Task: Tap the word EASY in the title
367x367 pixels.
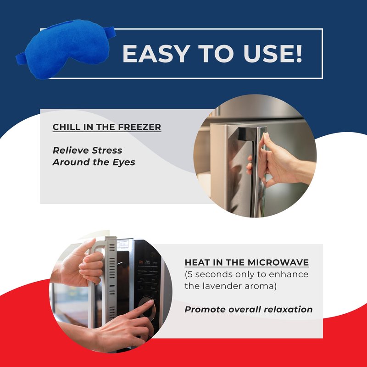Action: coord(156,54)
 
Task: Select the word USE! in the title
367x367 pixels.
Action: coord(272,54)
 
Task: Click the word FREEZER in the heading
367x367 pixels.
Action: coord(139,127)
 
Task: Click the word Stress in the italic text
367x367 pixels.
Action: coord(107,150)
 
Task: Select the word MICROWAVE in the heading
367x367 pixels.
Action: coord(278,262)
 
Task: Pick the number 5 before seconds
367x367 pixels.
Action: coord(190,274)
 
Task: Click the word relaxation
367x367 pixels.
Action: coord(289,309)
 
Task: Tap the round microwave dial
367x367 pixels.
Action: coord(147,308)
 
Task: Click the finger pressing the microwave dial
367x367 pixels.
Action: coord(140,308)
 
